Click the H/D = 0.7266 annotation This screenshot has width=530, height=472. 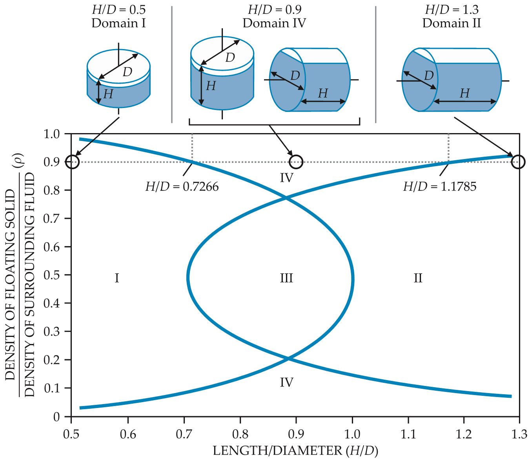(182, 187)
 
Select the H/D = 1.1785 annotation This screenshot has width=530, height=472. (440, 187)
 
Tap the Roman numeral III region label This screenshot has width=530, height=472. (286, 278)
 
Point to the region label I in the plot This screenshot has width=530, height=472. (117, 278)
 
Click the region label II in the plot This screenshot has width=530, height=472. (418, 278)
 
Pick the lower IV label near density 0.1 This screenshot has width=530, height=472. (287, 382)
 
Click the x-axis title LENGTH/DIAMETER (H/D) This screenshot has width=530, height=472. (295, 451)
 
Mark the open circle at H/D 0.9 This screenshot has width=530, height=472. (296, 161)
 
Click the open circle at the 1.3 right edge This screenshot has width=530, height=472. (519, 161)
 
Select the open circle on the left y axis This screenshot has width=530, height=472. (73, 161)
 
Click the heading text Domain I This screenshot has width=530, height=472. (118, 23)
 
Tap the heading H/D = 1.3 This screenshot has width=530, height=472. (452, 9)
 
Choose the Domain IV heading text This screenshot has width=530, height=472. (274, 23)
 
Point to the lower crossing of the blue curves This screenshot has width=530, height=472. (288, 358)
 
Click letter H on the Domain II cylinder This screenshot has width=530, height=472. (464, 93)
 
